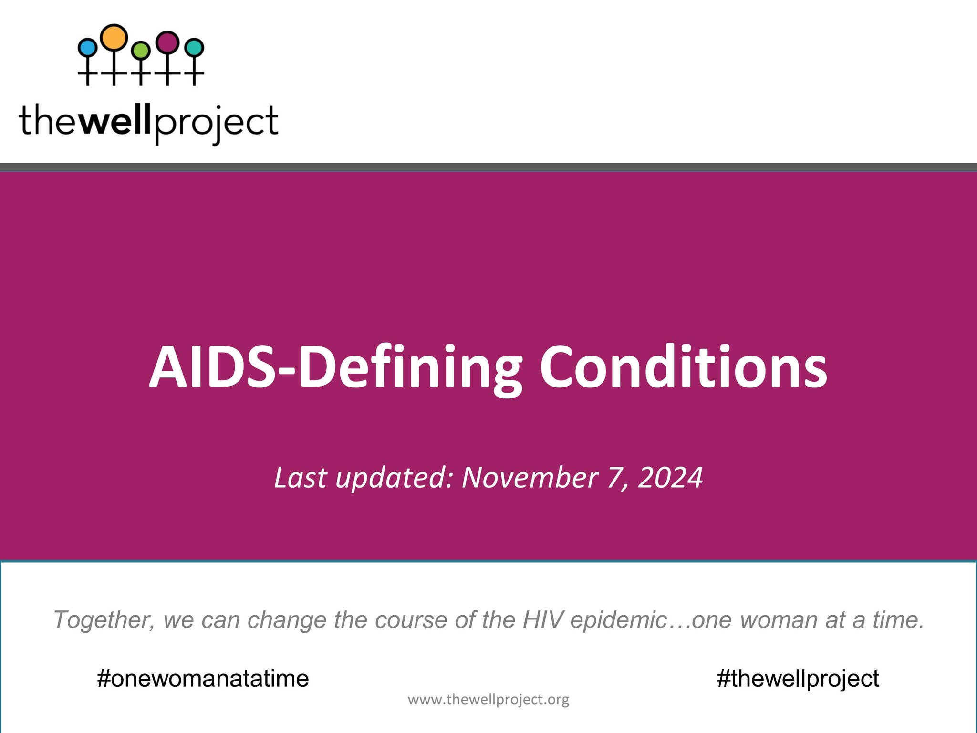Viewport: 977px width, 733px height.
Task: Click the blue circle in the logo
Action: (x=87, y=48)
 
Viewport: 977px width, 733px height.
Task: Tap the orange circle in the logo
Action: (x=114, y=37)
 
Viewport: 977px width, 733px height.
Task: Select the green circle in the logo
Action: (x=141, y=50)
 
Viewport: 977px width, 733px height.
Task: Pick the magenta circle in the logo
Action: (x=167, y=42)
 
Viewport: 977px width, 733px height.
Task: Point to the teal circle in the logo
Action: (x=194, y=48)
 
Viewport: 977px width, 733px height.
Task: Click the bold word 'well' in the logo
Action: (x=114, y=120)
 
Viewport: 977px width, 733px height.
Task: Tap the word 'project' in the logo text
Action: (x=216, y=122)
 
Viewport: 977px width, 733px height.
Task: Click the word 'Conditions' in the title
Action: (x=683, y=367)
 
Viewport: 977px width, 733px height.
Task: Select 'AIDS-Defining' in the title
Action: (x=336, y=367)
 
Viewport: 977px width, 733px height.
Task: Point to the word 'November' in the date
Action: (x=530, y=477)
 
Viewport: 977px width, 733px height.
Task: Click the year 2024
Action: (x=670, y=477)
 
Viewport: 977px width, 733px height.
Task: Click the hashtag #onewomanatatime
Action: (x=203, y=678)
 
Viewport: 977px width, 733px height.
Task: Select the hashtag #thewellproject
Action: (x=798, y=678)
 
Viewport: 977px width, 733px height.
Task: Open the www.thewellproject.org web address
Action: (x=488, y=700)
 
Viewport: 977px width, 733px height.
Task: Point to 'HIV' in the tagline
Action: (x=543, y=620)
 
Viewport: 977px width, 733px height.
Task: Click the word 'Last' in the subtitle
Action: (x=301, y=477)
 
